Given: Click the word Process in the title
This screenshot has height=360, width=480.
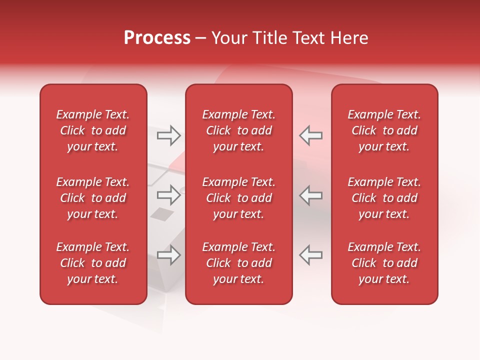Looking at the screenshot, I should coord(157,38).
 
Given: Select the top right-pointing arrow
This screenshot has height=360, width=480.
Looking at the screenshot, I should coord(169,135).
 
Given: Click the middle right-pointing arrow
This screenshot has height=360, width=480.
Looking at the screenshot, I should coord(169,195).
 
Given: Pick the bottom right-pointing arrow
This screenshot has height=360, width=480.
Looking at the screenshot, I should coord(169,255).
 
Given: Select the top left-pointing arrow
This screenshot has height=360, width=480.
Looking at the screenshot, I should coord(311,135).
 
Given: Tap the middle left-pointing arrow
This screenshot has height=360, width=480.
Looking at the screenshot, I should coord(311,195).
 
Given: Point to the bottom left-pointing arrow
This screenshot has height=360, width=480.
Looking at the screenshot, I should coord(311,255).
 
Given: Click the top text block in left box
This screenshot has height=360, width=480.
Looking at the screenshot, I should coord(93,130).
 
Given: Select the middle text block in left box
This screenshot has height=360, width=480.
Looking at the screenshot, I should coord(93,198).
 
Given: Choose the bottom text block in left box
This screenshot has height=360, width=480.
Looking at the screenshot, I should coord(93,263).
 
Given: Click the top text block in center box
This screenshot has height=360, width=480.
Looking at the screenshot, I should coord(239,130).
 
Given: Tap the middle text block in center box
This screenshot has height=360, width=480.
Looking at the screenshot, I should coord(239,198).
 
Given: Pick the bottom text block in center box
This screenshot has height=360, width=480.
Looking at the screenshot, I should coord(239,263).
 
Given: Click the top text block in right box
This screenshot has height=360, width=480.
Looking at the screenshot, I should coord(384,130).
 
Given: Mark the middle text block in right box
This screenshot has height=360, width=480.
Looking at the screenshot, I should coord(384,198).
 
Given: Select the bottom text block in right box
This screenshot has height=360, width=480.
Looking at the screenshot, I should coord(384,263).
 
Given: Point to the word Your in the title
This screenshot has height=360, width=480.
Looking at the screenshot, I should coord(227,38).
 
